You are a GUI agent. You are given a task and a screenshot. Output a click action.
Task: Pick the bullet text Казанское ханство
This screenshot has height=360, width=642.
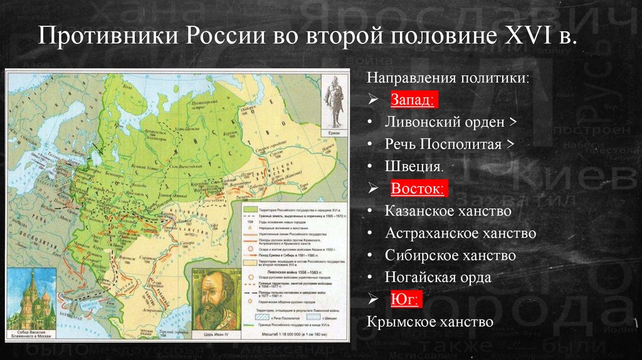(x=448, y=211)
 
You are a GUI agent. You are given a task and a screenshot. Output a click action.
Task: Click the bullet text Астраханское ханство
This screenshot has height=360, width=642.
(x=460, y=233)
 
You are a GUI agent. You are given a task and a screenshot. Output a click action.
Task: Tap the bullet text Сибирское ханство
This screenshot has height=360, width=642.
(x=450, y=255)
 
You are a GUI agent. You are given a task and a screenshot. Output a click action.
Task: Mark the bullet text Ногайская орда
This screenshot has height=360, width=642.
(x=438, y=277)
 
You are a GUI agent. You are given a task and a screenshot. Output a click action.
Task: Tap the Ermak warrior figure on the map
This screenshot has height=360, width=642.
(x=334, y=101)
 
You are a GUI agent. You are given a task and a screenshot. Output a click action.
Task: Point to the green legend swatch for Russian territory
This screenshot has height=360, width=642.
(x=249, y=208)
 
